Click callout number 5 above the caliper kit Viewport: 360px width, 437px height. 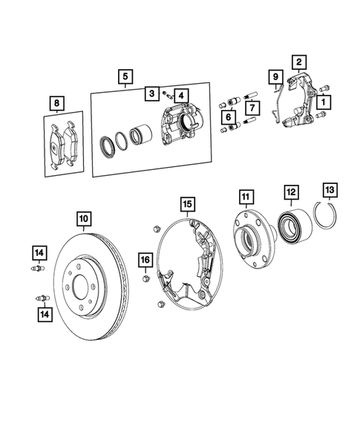tap(125, 76)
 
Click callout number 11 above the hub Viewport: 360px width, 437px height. tap(246, 196)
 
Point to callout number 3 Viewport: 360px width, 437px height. tap(151, 93)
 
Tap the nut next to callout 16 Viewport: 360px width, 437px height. tap(146, 280)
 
